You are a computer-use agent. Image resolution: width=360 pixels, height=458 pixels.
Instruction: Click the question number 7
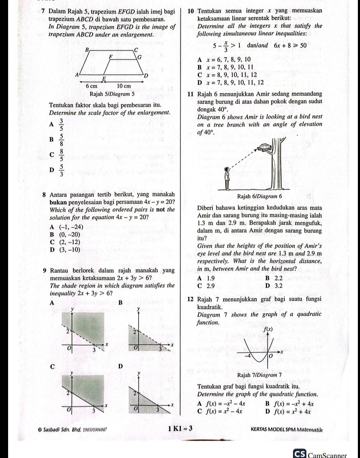coord(43,12)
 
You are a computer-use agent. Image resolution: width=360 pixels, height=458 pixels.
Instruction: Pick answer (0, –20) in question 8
coord(66,235)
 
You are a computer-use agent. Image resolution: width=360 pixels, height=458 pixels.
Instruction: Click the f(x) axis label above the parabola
coord(269,329)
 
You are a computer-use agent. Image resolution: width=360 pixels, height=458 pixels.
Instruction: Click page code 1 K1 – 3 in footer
coord(180,429)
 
